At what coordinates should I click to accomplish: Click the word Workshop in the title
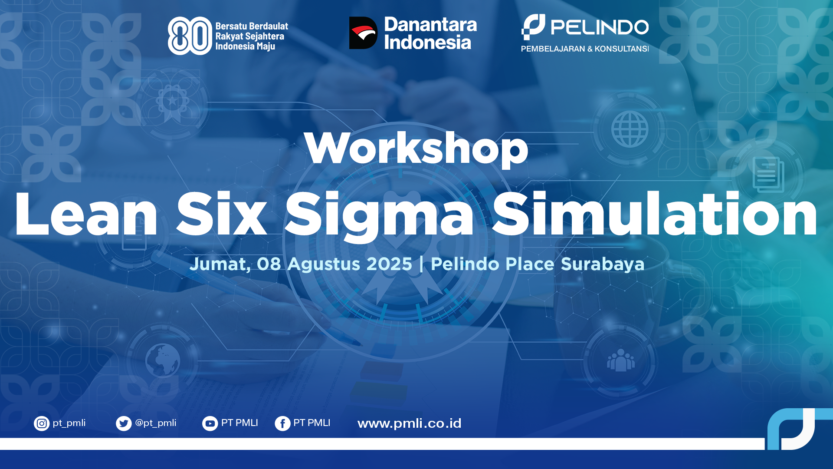416,149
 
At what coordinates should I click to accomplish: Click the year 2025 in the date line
389,264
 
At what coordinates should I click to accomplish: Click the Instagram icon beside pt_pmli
42,423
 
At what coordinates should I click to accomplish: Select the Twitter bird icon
124,423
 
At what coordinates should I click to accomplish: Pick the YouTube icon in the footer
210,423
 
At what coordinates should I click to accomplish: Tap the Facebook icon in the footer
282,423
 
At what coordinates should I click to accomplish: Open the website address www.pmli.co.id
410,423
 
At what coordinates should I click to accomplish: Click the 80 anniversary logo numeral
190,36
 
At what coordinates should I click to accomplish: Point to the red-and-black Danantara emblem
364,33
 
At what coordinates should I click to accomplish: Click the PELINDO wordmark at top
600,27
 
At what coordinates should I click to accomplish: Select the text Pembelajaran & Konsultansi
585,49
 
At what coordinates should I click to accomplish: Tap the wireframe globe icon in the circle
630,129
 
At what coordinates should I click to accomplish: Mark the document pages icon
768,175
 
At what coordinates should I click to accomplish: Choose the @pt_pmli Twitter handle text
156,423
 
